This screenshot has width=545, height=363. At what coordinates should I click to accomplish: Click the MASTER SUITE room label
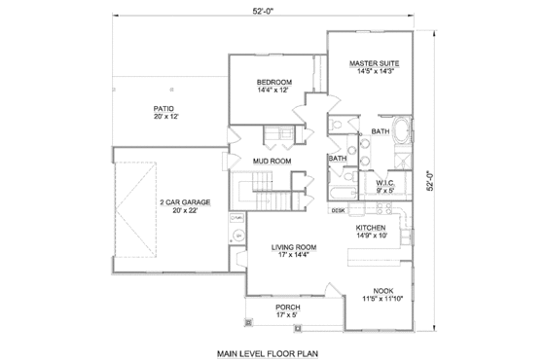pyautogui.click(x=375, y=61)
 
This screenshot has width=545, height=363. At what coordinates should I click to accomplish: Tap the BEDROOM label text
pyautogui.click(x=274, y=82)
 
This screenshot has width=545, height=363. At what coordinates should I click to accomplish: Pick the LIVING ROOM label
pyautogui.click(x=291, y=248)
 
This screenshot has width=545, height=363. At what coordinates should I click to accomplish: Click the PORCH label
pyautogui.click(x=287, y=308)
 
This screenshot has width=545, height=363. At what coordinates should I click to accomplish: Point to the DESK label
pyautogui.click(x=339, y=210)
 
